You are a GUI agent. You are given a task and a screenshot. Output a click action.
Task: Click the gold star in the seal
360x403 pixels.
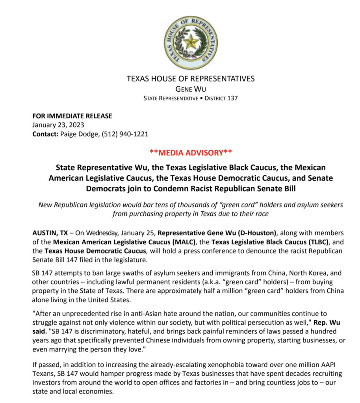pyautogui.click(x=191, y=42)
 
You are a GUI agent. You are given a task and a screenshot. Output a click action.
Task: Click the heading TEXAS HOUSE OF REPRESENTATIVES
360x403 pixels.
pyautogui.click(x=191, y=79)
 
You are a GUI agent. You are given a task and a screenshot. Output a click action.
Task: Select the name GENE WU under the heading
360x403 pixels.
pyautogui.click(x=191, y=89)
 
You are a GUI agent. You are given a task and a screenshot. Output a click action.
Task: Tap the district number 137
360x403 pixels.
pyautogui.click(x=232, y=98)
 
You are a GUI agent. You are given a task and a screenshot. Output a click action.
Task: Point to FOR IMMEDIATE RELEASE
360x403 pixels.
pyautogui.click(x=72, y=116)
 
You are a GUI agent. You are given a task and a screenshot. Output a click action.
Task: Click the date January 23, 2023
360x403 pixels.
pyautogui.click(x=58, y=125)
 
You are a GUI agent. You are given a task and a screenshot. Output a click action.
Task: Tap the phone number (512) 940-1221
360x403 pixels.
pyautogui.click(x=125, y=134)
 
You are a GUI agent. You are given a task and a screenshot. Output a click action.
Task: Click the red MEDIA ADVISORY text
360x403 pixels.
pyautogui.click(x=191, y=152)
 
